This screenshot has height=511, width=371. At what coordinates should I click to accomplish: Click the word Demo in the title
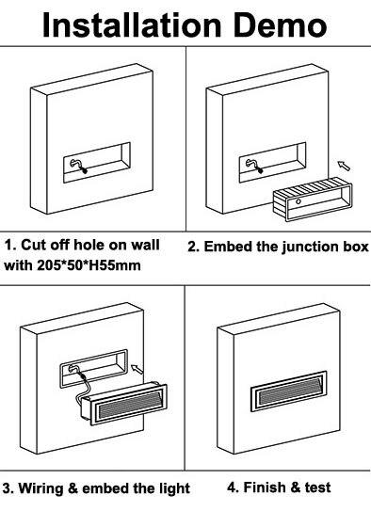pyautogui.click(x=280, y=25)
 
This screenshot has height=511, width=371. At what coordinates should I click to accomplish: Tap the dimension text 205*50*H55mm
pyautogui.click(x=89, y=265)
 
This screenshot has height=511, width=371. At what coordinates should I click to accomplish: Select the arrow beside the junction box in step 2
pyautogui.click(x=344, y=166)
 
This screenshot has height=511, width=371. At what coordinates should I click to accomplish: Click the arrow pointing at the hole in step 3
pyautogui.click(x=137, y=369)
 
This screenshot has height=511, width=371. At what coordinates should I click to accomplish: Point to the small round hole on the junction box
pyautogui.click(x=298, y=201)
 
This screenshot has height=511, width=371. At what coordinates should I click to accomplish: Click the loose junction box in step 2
pyautogui.click(x=313, y=200)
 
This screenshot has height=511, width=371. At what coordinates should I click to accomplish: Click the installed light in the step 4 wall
pyautogui.click(x=288, y=391)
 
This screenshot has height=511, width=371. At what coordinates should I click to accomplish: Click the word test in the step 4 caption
pyautogui.click(x=317, y=487)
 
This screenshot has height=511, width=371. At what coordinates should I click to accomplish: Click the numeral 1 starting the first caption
pyautogui.click(x=8, y=245)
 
